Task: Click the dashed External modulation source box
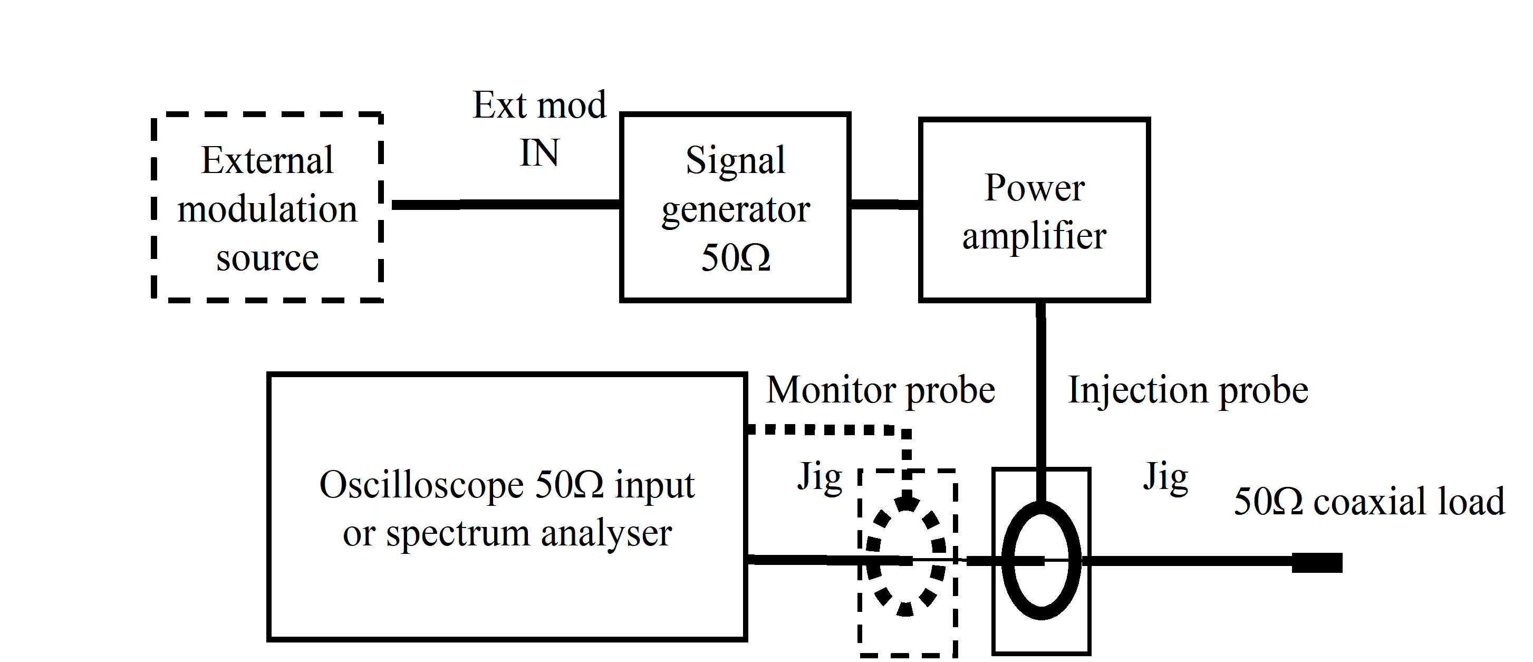point(267,207)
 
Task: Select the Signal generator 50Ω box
point(735,207)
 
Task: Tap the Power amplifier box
point(1034,209)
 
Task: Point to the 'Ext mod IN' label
point(539,129)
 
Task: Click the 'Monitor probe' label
point(880,390)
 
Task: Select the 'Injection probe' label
point(1188,390)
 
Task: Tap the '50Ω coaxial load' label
point(1369,501)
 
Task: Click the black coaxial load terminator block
point(1317,563)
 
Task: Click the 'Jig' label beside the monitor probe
point(819,477)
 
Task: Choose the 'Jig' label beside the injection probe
point(1165,477)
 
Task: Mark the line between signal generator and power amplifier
point(884,204)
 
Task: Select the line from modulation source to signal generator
point(506,204)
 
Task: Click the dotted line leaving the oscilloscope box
point(827,429)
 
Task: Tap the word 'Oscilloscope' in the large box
point(421,485)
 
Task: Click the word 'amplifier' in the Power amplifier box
point(1034,236)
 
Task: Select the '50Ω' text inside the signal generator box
point(736,258)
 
